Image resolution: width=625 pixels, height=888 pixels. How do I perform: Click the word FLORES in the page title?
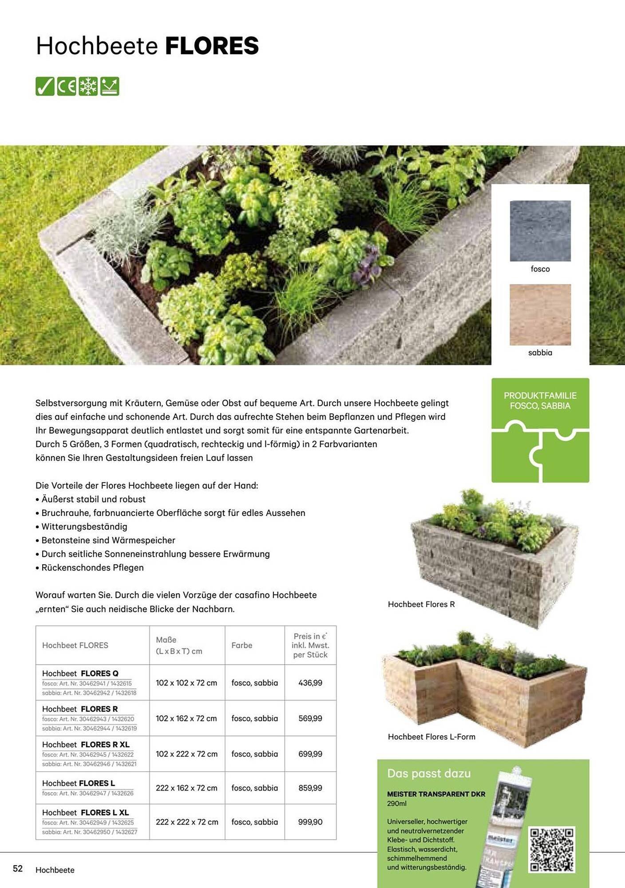[x=212, y=46]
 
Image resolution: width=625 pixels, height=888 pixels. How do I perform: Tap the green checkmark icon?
[x=45, y=86]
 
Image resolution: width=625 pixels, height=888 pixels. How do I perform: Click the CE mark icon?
[x=67, y=86]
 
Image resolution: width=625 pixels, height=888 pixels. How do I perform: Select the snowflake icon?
[x=88, y=86]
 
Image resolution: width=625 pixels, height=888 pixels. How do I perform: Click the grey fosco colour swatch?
[x=540, y=230]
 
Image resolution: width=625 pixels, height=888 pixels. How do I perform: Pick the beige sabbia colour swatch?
[x=540, y=314]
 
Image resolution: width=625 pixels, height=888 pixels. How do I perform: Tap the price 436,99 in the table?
[x=310, y=682]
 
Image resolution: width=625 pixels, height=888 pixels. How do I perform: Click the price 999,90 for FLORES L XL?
[x=310, y=822]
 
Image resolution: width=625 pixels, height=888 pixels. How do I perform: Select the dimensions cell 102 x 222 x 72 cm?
[x=186, y=754]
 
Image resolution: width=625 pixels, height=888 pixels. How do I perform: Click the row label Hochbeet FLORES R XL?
[x=86, y=745]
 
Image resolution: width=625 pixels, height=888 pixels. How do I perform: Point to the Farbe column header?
[x=241, y=645]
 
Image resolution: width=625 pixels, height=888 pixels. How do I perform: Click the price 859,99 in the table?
[x=310, y=788]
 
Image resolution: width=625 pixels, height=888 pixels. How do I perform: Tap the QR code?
[x=552, y=850]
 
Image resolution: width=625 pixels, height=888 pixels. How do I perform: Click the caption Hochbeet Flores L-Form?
[x=431, y=737]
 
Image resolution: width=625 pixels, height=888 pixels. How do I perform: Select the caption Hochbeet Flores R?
[x=421, y=604]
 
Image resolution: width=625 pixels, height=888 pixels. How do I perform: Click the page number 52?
[x=18, y=868]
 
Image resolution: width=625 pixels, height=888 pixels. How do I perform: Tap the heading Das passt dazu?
[x=429, y=773]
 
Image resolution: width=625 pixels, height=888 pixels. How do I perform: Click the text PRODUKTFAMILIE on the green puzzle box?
[x=540, y=395]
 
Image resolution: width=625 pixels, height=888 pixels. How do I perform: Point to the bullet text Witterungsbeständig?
[x=84, y=527]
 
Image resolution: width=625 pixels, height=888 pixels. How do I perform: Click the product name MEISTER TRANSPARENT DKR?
[x=436, y=794]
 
